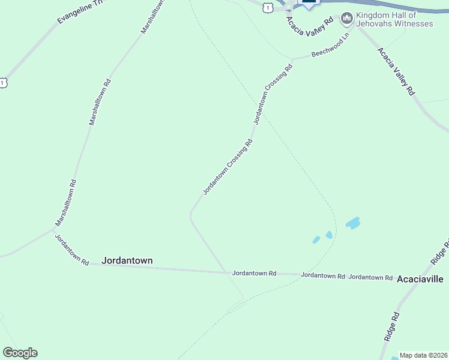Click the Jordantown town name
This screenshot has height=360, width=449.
(x=127, y=260)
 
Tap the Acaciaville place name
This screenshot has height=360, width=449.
(x=420, y=279)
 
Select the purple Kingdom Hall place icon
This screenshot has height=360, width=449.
(x=346, y=19)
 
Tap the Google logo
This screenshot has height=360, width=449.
(x=20, y=353)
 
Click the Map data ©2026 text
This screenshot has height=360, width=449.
(x=424, y=355)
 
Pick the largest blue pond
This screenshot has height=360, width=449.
(x=353, y=224)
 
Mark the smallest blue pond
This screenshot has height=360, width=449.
(x=316, y=240)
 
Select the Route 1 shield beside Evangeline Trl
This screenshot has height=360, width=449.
(x=4, y=82)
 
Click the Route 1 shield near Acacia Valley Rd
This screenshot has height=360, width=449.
(x=268, y=5)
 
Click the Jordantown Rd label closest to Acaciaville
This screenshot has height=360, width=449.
(x=370, y=277)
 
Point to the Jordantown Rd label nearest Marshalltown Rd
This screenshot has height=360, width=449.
(x=72, y=250)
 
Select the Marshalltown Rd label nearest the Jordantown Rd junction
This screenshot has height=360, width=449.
(x=66, y=203)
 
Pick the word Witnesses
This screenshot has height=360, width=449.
(x=411, y=23)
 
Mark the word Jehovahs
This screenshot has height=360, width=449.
(x=373, y=23)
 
